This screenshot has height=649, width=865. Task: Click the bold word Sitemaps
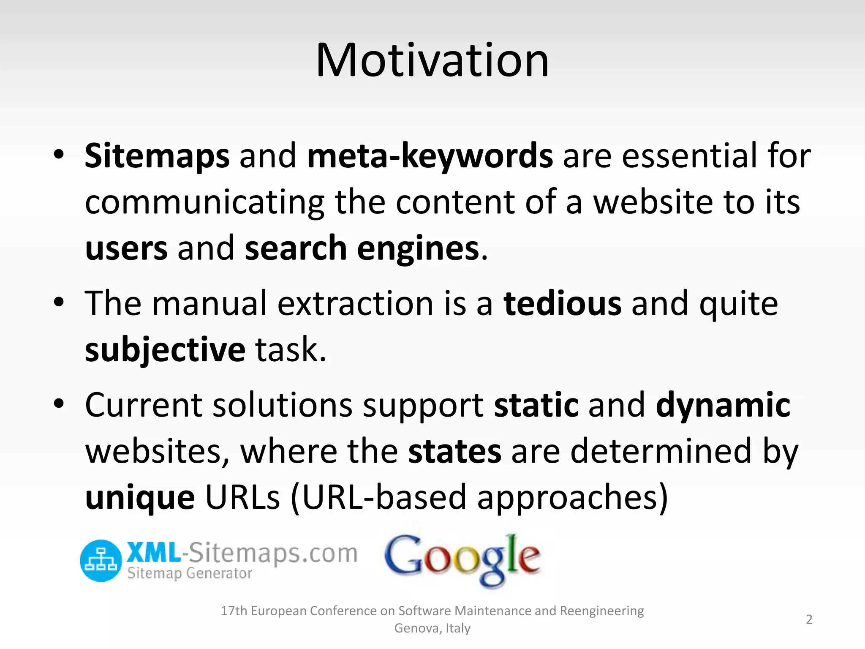click(x=157, y=156)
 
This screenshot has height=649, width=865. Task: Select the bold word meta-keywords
click(x=430, y=156)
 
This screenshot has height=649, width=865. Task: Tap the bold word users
click(x=126, y=248)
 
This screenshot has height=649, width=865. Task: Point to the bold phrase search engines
click(x=362, y=248)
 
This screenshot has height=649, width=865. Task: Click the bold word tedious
click(x=562, y=303)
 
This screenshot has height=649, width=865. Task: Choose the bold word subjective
click(x=165, y=350)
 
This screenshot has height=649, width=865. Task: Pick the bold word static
click(x=536, y=405)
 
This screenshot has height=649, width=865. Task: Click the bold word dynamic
click(x=723, y=405)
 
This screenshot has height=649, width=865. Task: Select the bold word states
click(x=454, y=451)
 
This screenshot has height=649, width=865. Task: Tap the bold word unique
click(x=140, y=497)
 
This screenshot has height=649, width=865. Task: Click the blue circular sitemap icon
click(x=101, y=560)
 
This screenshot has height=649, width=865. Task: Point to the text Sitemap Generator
click(x=190, y=573)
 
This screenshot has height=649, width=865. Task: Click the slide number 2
click(x=809, y=619)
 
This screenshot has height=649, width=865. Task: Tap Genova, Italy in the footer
click(x=432, y=628)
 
